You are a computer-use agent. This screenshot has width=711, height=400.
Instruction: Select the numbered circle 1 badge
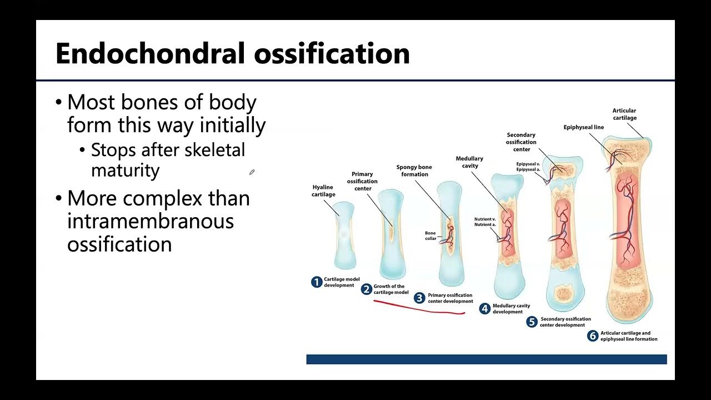(317, 282)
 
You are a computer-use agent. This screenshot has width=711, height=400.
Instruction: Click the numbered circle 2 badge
(366, 289)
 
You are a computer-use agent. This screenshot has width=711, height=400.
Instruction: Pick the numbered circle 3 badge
(420, 298)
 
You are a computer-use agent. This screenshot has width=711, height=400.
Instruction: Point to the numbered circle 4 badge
(484, 309)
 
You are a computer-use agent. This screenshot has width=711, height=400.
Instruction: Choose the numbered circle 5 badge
(532, 322)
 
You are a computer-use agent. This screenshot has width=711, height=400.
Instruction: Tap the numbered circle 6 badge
(593, 336)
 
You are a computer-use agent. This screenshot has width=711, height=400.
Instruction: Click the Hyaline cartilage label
(323, 191)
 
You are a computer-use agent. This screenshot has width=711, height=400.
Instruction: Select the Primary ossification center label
(362, 181)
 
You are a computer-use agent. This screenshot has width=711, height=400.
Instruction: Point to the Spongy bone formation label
(414, 171)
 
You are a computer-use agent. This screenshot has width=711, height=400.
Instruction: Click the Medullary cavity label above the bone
(469, 162)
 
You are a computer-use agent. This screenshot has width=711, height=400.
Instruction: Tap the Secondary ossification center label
(521, 142)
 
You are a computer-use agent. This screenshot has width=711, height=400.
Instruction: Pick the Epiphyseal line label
(583, 127)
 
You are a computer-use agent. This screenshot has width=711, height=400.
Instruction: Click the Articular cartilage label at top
(624, 114)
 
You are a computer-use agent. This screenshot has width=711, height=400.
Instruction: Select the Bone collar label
(430, 236)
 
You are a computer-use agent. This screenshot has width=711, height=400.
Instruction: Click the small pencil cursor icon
(252, 172)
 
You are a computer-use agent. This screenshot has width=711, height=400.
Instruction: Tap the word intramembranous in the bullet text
(150, 221)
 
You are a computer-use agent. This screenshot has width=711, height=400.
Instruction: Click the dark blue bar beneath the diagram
(486, 359)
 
